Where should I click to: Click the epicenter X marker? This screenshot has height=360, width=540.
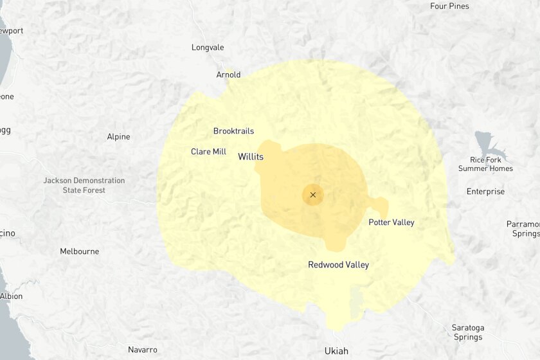(313, 195)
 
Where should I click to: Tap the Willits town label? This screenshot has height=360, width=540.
(251, 156)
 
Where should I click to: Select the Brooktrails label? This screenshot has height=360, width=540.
(233, 131)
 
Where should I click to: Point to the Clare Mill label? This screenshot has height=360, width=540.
(208, 152)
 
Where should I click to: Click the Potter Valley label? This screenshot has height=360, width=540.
(391, 222)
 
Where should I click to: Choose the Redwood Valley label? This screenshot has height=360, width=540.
(338, 265)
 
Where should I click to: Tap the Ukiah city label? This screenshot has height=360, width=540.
(336, 351)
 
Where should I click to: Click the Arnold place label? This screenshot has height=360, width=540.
(228, 75)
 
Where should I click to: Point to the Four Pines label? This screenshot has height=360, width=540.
(449, 6)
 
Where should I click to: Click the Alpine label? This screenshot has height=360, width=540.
(118, 136)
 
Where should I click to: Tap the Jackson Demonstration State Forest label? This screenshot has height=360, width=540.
(84, 185)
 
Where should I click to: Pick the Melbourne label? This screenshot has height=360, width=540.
(80, 251)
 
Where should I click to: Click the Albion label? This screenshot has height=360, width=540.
(11, 296)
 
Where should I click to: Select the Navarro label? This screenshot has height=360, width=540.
(142, 350)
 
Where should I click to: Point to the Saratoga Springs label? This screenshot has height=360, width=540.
(467, 332)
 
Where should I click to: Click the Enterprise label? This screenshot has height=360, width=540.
(485, 192)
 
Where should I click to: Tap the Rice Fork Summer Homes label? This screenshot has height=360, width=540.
(485, 164)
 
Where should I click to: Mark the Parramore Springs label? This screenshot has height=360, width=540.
(525, 229)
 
